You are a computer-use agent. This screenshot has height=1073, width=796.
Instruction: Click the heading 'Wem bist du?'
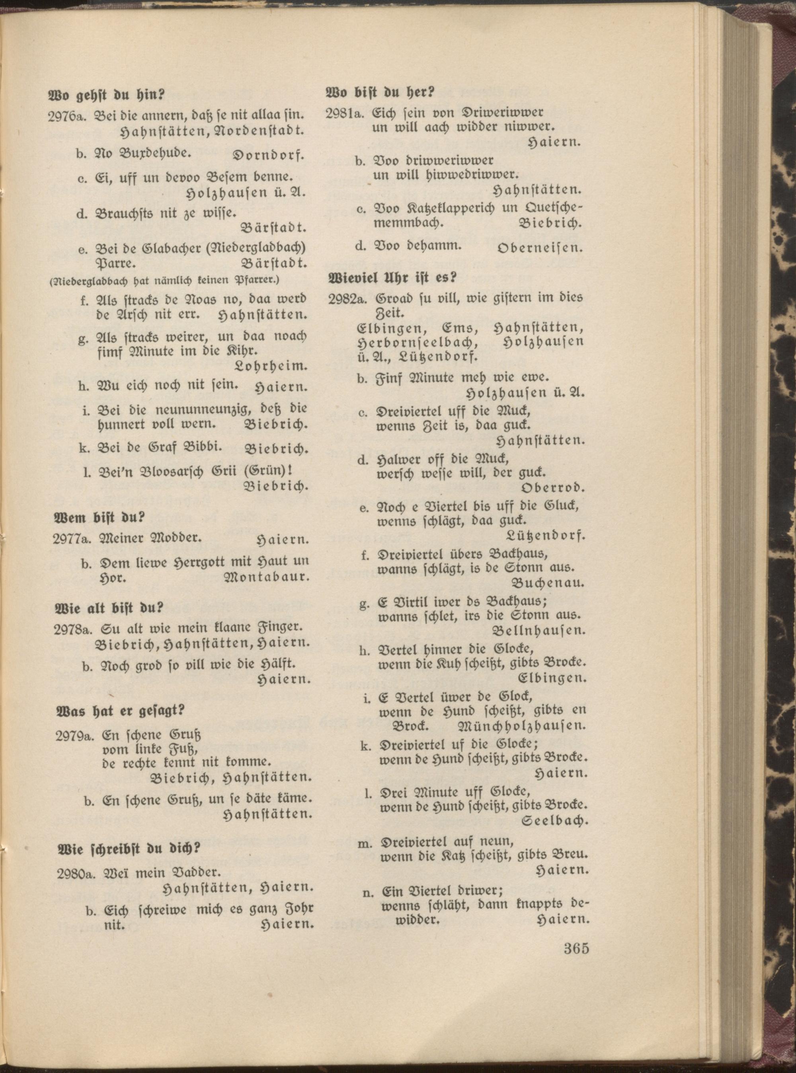(x=99, y=518)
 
